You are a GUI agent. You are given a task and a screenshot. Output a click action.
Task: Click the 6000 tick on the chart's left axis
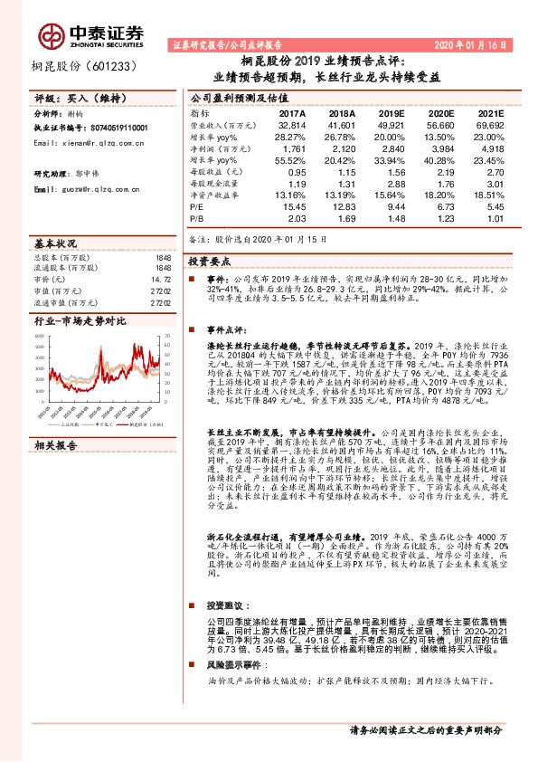coord(40,337)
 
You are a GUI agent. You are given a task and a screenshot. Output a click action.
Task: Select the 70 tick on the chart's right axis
coord(168,337)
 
